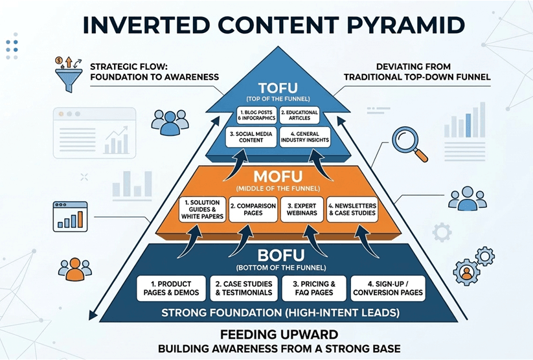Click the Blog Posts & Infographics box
(252, 116)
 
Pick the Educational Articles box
(299, 116)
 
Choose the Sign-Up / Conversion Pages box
(388, 288)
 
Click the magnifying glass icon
(410, 142)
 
